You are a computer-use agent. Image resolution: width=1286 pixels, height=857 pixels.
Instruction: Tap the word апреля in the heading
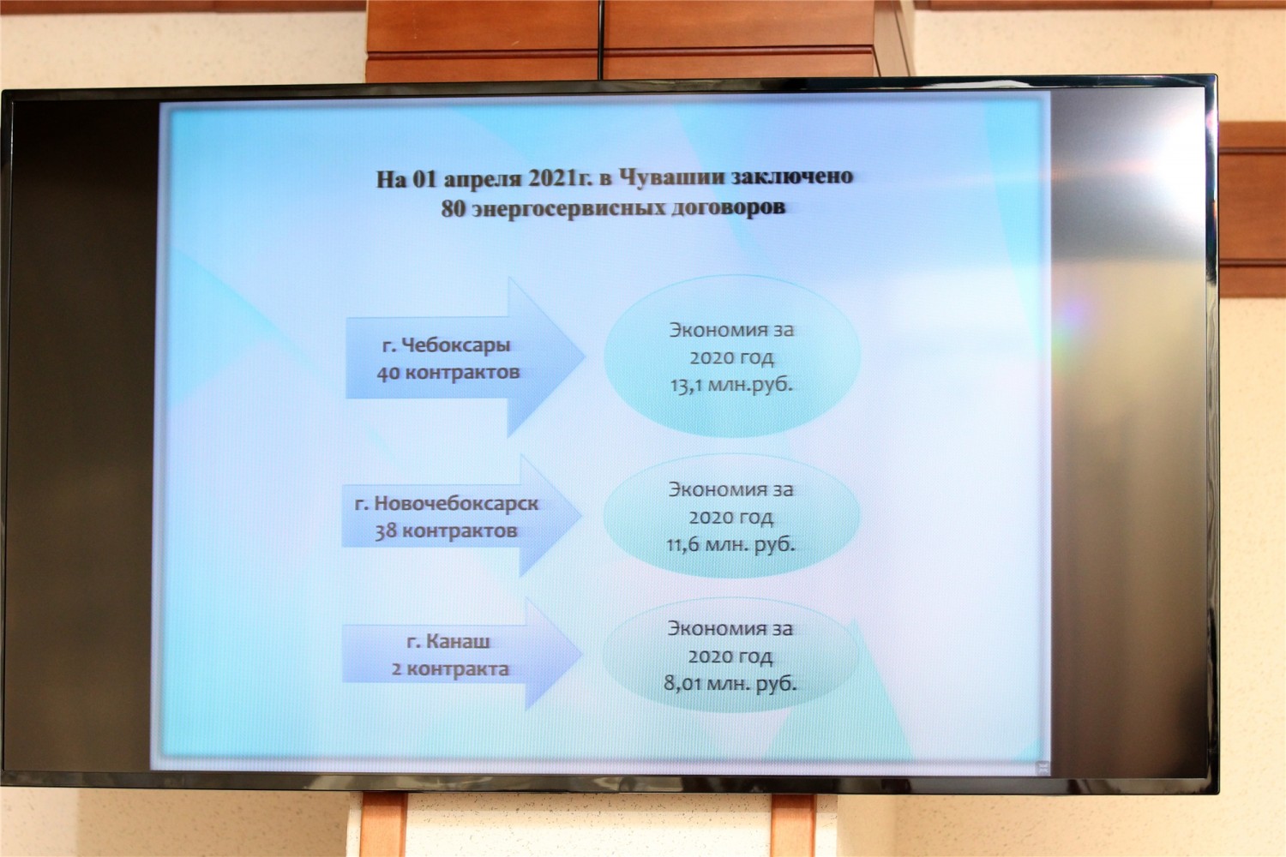482,179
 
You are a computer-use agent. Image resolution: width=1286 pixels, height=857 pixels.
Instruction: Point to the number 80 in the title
454,208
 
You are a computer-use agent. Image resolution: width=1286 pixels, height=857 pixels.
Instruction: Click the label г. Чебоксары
446,345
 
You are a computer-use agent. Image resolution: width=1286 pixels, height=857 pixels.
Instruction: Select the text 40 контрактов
448,373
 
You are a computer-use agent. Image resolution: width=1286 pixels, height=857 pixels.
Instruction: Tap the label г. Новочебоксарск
447,503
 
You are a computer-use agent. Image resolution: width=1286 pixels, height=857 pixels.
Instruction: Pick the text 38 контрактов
447,531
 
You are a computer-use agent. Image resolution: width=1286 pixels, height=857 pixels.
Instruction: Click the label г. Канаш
448,641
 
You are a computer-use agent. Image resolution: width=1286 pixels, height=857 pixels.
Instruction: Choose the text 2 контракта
450,668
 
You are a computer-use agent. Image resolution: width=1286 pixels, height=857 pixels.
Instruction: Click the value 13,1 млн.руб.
731,385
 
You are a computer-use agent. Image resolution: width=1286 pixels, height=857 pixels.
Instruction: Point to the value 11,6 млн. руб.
730,544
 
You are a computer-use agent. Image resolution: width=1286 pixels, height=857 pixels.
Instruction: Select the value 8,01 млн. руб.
730,684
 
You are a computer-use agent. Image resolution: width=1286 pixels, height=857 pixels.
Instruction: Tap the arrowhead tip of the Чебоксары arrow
585,357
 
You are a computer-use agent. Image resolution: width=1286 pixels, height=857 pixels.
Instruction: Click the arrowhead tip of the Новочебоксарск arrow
581,515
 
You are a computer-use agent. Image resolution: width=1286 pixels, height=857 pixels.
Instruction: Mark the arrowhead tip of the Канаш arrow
581,654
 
